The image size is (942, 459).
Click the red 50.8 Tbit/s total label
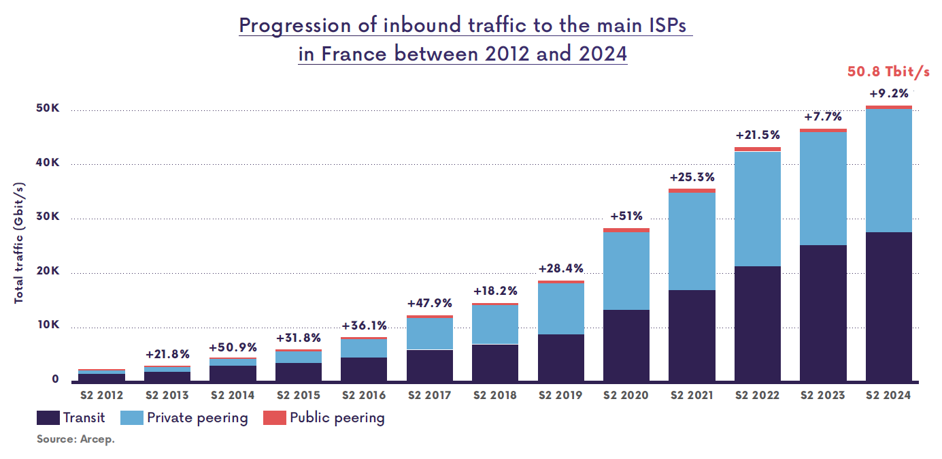coord(888,72)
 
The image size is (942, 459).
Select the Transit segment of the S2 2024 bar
coord(888,306)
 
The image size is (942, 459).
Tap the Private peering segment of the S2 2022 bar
coord(758,208)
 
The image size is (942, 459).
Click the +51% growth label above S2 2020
coord(626,216)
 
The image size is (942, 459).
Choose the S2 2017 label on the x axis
coord(429,395)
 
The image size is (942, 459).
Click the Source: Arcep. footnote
coord(75,439)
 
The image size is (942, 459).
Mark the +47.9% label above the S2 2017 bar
coord(429,303)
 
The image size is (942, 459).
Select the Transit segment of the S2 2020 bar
coord(626,345)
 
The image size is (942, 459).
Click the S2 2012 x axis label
coord(101,395)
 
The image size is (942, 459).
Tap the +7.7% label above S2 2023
coord(823,116)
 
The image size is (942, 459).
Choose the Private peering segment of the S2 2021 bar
coord(692,241)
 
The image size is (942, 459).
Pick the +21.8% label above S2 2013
coord(167,354)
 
